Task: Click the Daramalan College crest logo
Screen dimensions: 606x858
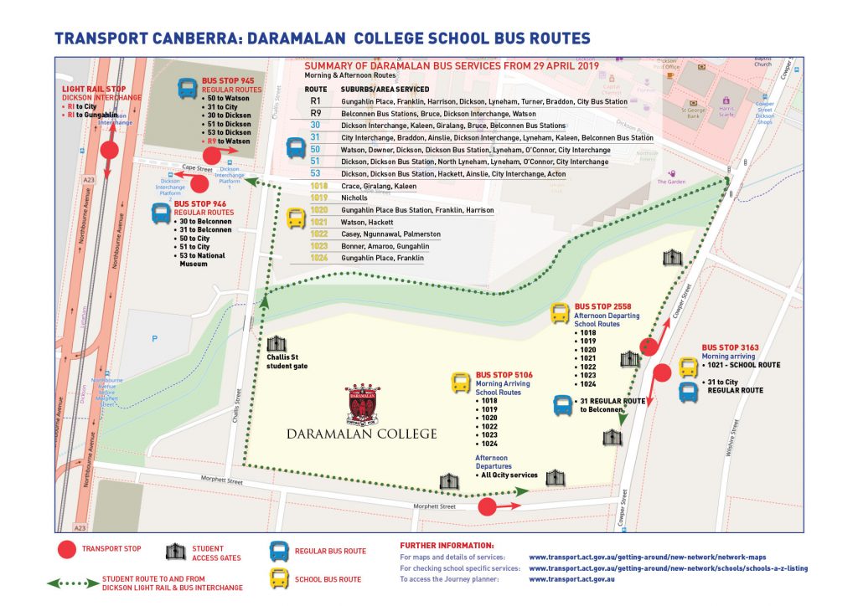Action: click(361, 404)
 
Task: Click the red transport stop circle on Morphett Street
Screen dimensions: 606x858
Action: click(486, 506)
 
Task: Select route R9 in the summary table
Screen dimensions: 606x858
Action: click(316, 113)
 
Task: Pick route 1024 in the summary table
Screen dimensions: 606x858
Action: click(318, 259)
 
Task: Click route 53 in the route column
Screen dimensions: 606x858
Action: click(316, 173)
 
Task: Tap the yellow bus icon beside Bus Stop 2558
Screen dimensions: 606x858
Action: click(560, 314)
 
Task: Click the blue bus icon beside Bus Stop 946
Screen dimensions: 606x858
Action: click(161, 213)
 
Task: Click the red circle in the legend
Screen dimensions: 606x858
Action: click(65, 550)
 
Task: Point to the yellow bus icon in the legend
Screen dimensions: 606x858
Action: click(278, 578)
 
